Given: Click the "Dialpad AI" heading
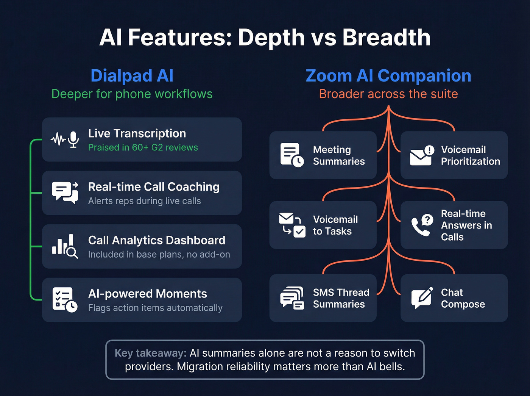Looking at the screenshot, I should [132, 76].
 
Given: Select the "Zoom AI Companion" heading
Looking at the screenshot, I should [388, 76].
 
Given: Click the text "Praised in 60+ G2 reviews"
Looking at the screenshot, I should [143, 147].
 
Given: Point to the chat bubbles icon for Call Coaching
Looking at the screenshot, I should [65, 193].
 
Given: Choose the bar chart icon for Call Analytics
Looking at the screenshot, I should [65, 246].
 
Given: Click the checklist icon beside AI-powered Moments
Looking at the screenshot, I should [65, 300].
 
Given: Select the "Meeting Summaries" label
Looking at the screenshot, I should [338, 155].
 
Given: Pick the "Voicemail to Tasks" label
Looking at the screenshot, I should [335, 225].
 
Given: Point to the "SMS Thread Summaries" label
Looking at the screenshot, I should [341, 298].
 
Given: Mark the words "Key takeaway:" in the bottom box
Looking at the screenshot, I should [150, 353].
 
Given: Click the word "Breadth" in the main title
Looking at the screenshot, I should [386, 38].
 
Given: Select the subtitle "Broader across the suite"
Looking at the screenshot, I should [388, 94].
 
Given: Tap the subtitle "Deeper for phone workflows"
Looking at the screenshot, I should [132, 94].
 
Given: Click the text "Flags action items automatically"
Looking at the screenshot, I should [155, 308].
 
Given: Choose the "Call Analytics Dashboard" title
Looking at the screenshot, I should [156, 240].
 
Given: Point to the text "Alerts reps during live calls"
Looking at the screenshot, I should [144, 201].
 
